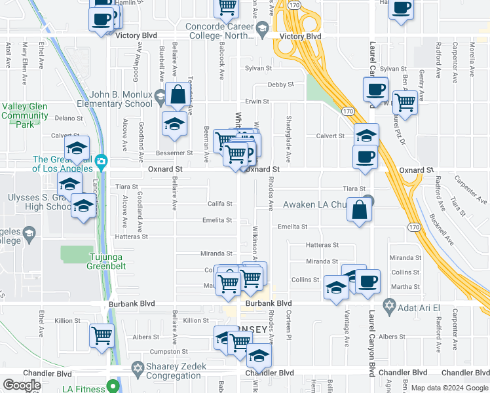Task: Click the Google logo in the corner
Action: click(x=22, y=385)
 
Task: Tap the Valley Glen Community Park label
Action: click(x=24, y=115)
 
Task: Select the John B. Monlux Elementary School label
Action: click(x=111, y=99)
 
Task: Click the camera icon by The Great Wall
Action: click(x=101, y=161)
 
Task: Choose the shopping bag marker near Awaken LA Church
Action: click(x=360, y=210)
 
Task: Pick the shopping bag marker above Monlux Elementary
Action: click(x=178, y=94)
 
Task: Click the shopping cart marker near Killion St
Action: click(x=102, y=335)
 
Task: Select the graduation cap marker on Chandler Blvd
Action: click(x=259, y=356)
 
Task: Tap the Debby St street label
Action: click(x=280, y=84)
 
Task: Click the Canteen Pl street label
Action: click(x=288, y=325)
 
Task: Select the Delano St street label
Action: click(x=67, y=118)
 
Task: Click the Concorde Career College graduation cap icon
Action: click(x=262, y=28)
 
